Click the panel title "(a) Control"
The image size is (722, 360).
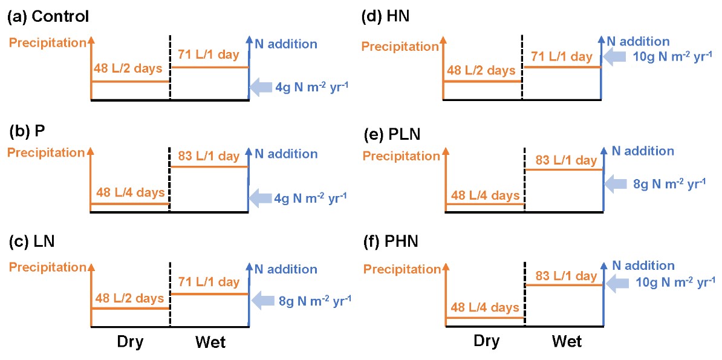[48, 16]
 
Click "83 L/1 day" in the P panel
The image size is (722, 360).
[209, 156]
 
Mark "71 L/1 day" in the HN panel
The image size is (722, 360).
[562, 57]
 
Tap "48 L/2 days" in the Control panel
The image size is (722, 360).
[128, 68]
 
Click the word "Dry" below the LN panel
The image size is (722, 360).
[130, 342]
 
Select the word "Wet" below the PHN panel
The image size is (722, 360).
[567, 342]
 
